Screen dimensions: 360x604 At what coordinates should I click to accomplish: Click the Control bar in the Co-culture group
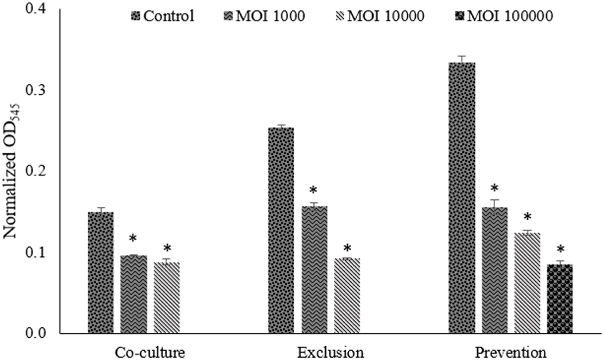tap(100, 273)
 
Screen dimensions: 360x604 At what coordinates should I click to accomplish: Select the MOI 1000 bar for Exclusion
tap(314, 269)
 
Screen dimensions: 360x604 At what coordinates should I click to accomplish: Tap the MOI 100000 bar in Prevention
tap(560, 299)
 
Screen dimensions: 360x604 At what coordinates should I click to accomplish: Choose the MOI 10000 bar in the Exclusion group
tap(347, 295)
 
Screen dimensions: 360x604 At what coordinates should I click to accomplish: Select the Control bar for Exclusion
tap(281, 230)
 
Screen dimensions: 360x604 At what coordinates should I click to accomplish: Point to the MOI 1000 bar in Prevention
tap(495, 270)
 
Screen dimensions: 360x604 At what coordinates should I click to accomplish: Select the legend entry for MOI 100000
tap(505, 16)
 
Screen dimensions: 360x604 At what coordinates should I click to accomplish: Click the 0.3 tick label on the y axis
tap(36, 90)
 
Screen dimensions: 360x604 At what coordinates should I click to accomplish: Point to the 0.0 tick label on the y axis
tap(36, 333)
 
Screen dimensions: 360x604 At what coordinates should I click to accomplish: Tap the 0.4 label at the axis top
tap(36, 9)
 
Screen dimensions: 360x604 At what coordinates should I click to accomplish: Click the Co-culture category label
tap(150, 352)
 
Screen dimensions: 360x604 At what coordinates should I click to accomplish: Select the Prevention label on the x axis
tap(510, 352)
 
